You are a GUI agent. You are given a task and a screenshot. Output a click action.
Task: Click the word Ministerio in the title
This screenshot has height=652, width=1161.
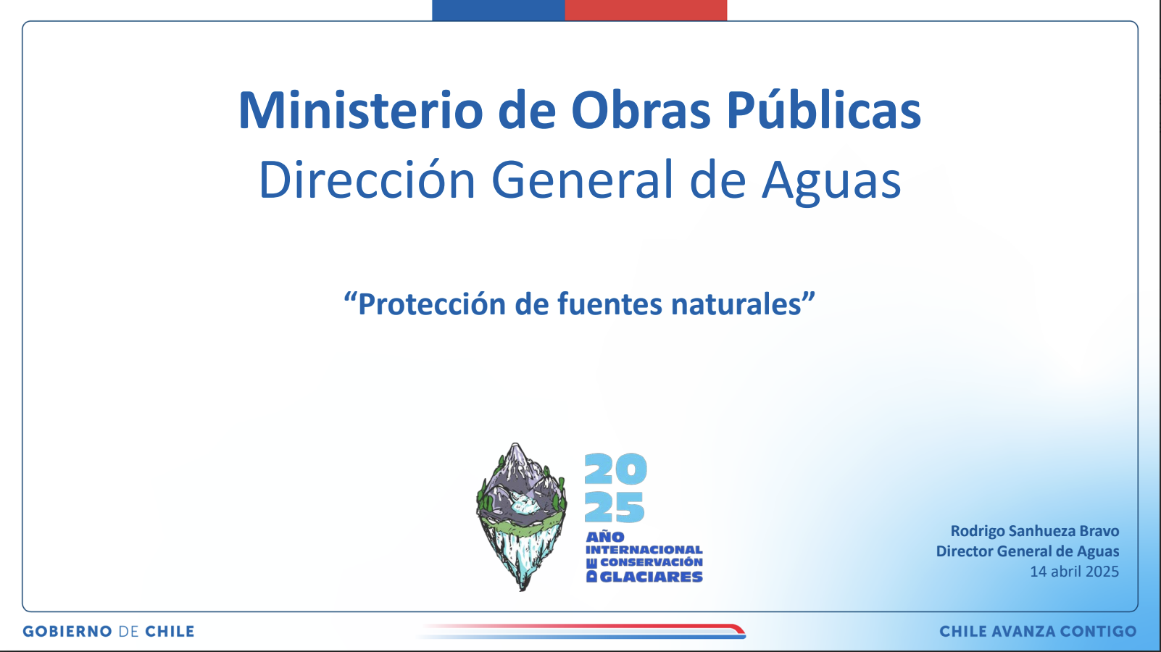[x=361, y=110]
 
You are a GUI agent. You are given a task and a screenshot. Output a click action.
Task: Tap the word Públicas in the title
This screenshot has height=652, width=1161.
[x=823, y=110]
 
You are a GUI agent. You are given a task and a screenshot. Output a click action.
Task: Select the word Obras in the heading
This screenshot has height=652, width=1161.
[x=641, y=110]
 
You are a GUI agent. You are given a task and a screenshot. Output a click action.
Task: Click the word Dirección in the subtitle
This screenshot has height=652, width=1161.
[x=367, y=180]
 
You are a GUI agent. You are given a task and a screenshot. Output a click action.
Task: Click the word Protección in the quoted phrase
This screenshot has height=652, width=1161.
[x=432, y=304]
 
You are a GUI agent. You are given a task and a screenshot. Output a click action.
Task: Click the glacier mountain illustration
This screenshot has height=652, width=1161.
[x=521, y=517]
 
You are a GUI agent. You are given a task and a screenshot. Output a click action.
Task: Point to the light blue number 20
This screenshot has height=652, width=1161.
[x=616, y=469]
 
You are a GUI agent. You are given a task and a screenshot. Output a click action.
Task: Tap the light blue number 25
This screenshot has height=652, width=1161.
[x=615, y=507]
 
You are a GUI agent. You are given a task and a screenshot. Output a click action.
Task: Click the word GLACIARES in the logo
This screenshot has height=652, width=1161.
[x=651, y=577]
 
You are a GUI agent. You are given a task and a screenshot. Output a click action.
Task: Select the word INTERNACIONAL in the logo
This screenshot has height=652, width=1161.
[x=644, y=549]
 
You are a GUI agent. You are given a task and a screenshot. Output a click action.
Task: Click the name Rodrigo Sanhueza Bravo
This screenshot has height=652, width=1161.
[x=1034, y=531]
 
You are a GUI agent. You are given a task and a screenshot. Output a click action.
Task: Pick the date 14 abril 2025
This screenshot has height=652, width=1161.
[x=1075, y=571]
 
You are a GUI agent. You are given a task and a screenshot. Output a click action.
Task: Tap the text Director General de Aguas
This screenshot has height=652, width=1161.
[x=1027, y=551]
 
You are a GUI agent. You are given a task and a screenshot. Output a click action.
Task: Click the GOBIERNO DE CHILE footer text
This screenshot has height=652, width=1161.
[x=109, y=631]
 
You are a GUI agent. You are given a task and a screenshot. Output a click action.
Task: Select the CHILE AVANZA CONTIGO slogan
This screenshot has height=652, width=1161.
[x=1039, y=631]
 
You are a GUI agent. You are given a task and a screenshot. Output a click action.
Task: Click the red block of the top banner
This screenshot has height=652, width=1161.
[x=646, y=10]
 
